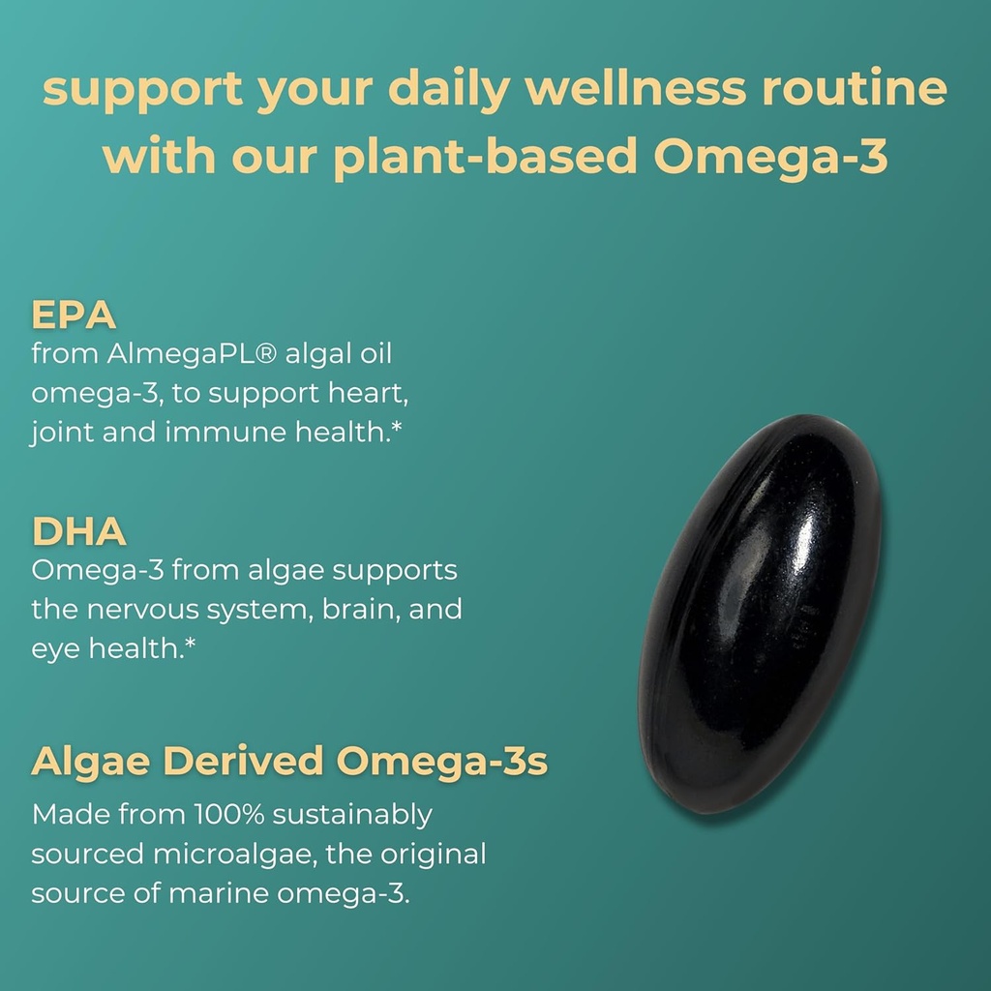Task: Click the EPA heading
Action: tap(74, 315)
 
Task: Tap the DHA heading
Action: tap(79, 531)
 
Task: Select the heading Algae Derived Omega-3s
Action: tap(289, 762)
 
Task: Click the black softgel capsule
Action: tap(761, 614)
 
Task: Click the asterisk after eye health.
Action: tap(190, 645)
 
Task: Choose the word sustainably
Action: tap(351, 815)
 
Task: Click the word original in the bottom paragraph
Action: tap(429, 855)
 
